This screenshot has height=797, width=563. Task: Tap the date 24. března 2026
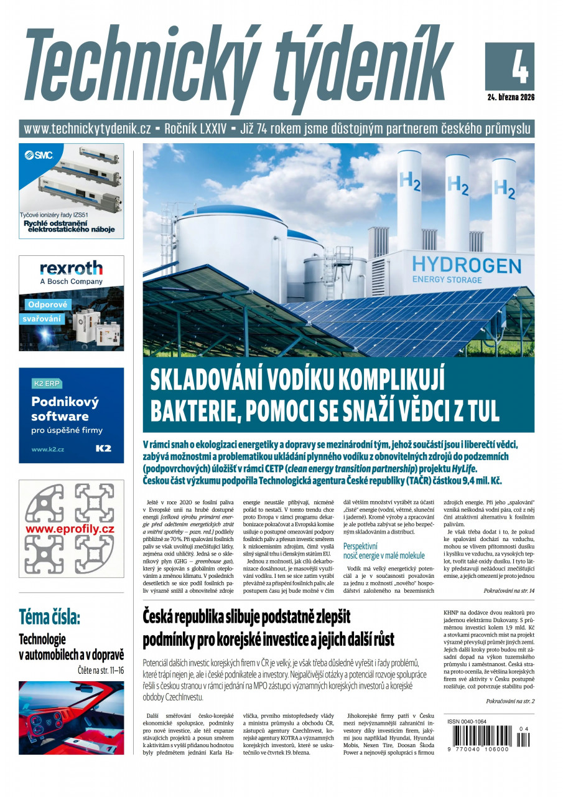pyautogui.click(x=511, y=97)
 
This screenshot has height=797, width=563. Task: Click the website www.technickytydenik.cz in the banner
pyautogui.click(x=88, y=129)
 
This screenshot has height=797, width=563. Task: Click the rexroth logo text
pyautogui.click(x=71, y=268)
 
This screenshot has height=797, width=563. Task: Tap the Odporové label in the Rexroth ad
pyautogui.click(x=48, y=305)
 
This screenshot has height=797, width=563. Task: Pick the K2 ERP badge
pyautogui.click(x=47, y=384)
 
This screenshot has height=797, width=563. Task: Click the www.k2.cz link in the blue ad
pyautogui.click(x=48, y=448)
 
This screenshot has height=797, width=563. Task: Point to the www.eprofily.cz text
pyautogui.click(x=70, y=529)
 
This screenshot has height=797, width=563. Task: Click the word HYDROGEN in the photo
pyautogui.click(x=466, y=263)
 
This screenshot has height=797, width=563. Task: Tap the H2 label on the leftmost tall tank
pyautogui.click(x=409, y=181)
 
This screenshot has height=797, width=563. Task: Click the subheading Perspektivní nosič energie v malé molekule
pyautogui.click(x=384, y=550)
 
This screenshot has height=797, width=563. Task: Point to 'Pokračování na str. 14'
pyautogui.click(x=508, y=590)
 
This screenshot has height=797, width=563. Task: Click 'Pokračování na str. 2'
pyautogui.click(x=509, y=701)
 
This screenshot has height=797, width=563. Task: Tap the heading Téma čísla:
pyautogui.click(x=50, y=617)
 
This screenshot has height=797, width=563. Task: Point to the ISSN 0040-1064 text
pyautogui.click(x=467, y=722)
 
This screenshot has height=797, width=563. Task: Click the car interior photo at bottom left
pyautogui.click(x=71, y=717)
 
